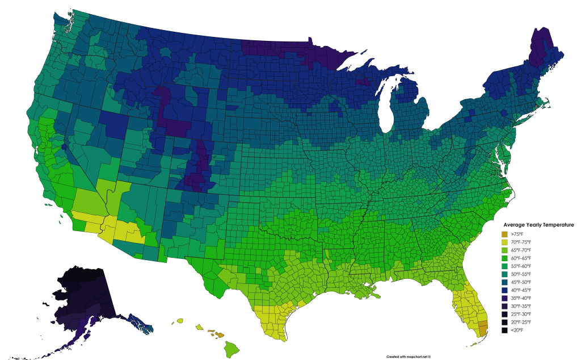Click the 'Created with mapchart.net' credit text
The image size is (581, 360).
[x=409, y=356]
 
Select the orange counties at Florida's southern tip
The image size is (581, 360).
[x=483, y=328]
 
